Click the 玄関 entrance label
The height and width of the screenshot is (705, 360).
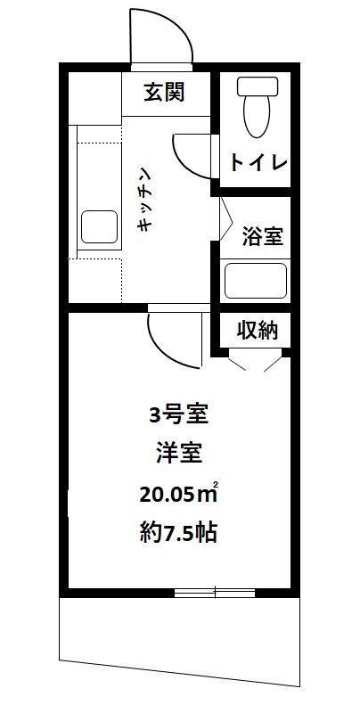[x=167, y=92]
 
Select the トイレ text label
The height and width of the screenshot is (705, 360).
[x=257, y=163]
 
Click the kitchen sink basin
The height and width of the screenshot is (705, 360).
[x=100, y=227]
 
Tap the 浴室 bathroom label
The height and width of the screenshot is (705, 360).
[x=263, y=237]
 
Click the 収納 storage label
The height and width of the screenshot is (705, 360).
[x=258, y=330]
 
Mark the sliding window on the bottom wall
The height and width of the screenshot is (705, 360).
[x=215, y=593]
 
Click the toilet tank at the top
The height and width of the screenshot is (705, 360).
[x=256, y=86]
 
